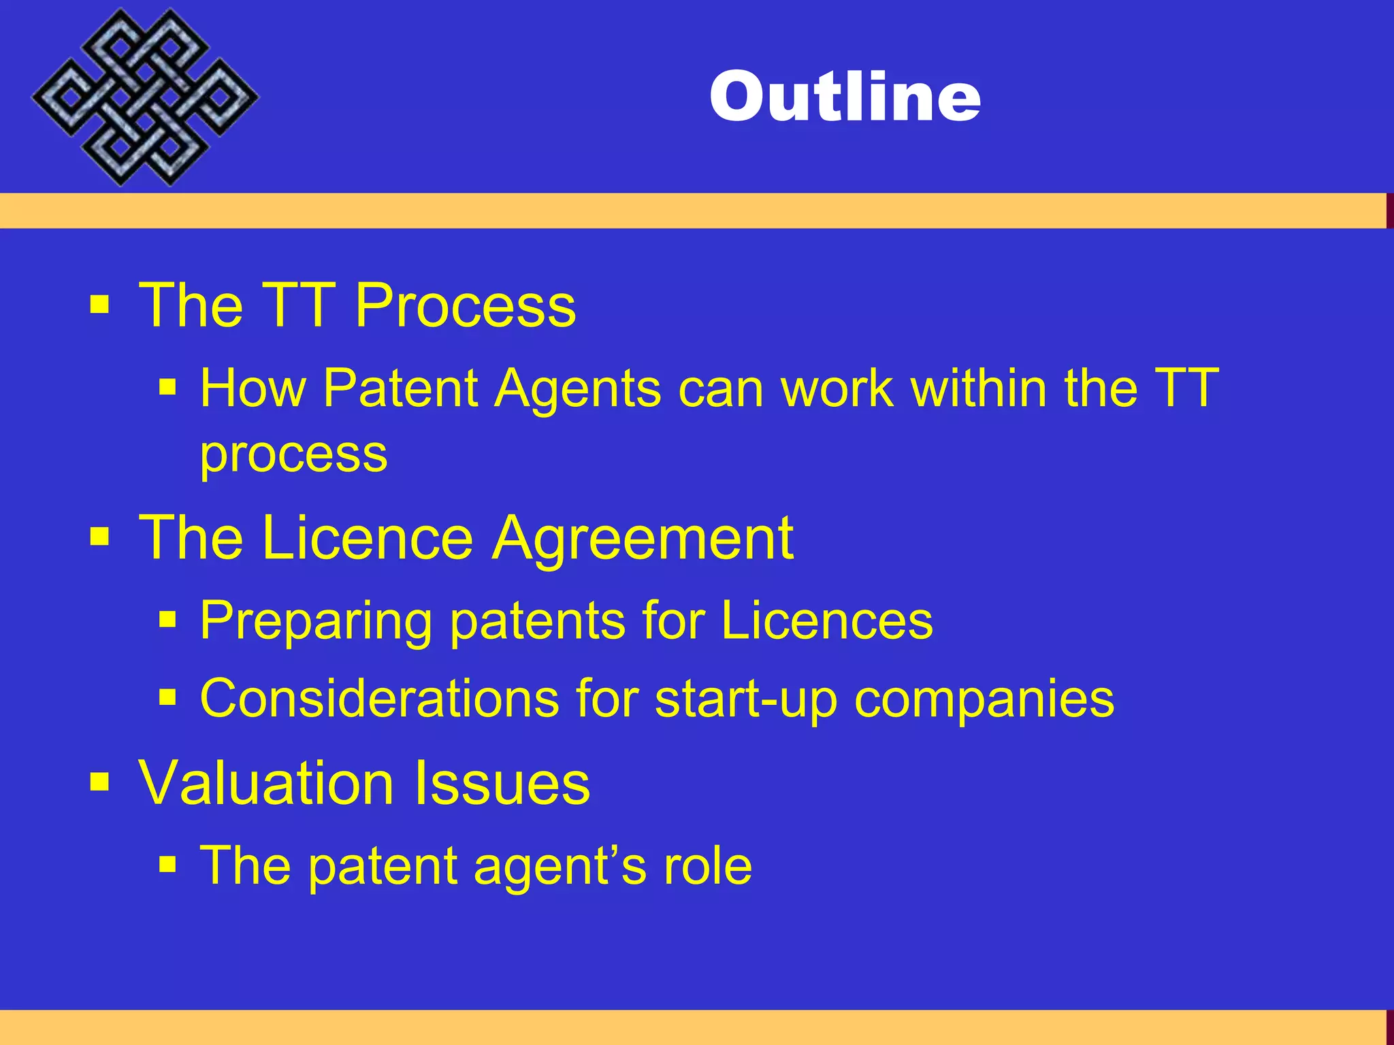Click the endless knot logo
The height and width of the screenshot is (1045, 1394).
pos(144,97)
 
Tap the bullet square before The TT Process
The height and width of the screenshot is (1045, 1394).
pos(99,304)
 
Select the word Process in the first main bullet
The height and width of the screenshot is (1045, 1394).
pos(465,305)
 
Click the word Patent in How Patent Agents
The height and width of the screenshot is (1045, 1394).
pos(400,388)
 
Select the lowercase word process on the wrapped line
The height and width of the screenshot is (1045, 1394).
pos(293,454)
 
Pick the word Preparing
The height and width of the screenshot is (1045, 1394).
pos(316,620)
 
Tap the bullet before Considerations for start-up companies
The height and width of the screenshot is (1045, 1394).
pos(167,697)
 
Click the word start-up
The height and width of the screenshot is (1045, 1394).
pos(745,699)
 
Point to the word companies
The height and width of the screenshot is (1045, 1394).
pos(984,699)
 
